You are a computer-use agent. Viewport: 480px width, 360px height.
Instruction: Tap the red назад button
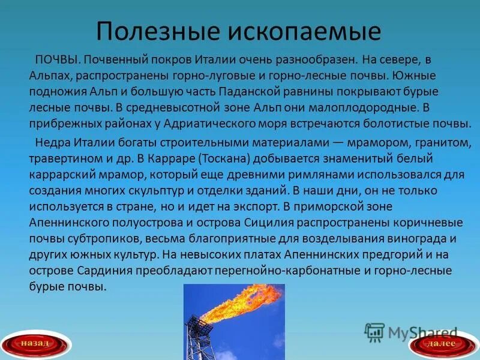[38, 344]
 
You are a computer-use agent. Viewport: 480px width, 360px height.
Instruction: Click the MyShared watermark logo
[412, 332]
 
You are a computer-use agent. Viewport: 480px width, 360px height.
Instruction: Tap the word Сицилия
[275, 223]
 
